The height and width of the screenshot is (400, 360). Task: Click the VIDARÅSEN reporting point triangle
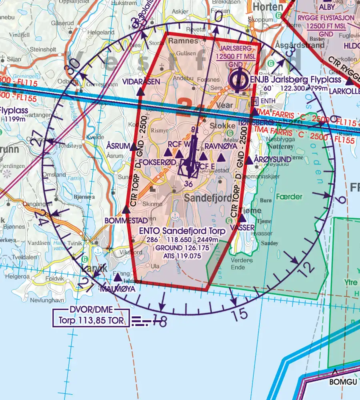[140, 93]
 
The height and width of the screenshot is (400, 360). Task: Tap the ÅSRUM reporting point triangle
[133, 147]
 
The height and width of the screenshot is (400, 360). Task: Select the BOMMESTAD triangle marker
[126, 209]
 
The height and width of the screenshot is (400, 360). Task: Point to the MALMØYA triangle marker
[118, 277]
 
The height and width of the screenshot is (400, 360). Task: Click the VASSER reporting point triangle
[242, 218]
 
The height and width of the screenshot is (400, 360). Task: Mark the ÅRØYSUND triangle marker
[249, 160]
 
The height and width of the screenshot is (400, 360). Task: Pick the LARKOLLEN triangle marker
[350, 82]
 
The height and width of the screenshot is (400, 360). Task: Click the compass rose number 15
[240, 315]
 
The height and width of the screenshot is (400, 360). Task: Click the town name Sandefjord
[208, 198]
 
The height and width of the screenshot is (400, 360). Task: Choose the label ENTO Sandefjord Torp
[182, 231]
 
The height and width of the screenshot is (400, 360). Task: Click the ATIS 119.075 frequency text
[182, 256]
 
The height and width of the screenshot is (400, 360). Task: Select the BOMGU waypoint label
[343, 382]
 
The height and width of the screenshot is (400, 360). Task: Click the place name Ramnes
[184, 41]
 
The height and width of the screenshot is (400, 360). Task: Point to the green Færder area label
[289, 197]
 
